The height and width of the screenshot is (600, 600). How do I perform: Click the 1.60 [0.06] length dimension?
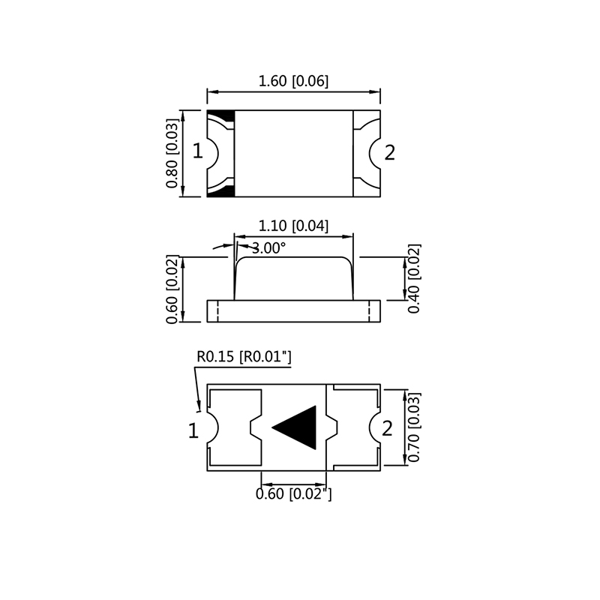click(293, 82)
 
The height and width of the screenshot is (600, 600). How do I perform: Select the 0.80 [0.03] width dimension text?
click(172, 154)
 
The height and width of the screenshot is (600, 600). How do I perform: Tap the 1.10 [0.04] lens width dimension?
click(293, 226)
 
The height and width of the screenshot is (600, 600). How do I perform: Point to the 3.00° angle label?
click(268, 248)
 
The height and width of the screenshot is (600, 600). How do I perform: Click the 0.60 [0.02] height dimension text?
click(172, 289)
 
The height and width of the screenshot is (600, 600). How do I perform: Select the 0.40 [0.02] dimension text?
click(415, 278)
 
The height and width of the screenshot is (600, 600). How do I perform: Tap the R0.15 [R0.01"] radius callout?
click(243, 357)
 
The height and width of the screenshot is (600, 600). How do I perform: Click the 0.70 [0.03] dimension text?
click(415, 427)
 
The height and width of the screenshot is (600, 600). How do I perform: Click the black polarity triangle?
click(298, 428)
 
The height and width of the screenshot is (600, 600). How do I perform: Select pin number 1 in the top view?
click(197, 152)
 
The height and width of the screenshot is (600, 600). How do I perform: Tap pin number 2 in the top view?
click(389, 153)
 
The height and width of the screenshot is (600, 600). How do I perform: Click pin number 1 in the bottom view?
click(193, 430)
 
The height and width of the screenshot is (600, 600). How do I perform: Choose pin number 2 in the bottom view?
click(387, 429)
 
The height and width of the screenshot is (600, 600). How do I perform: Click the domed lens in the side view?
click(293, 277)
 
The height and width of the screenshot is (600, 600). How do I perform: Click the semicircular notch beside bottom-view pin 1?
click(212, 429)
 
